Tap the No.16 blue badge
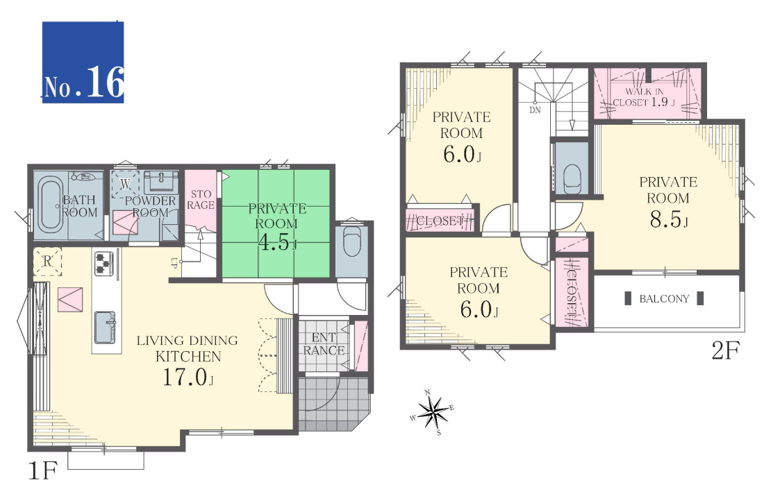[x=83, y=62]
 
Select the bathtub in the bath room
[x=50, y=205]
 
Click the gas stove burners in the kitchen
[x=103, y=263]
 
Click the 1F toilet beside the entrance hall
[x=352, y=242]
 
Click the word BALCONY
[x=664, y=299]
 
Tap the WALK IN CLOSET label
[x=644, y=97]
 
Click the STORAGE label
[x=201, y=200]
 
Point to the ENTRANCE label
[x=324, y=343]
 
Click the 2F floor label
[x=726, y=350]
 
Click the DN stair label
[x=535, y=110]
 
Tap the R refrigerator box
[x=47, y=262]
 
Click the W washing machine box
[x=125, y=184]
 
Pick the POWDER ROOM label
[x=150, y=206]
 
